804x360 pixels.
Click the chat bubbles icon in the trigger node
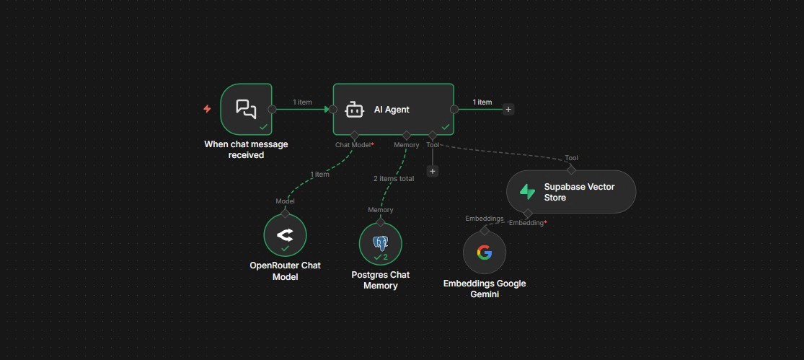246,109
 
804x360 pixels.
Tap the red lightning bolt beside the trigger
207,109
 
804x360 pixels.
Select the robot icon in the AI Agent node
353,110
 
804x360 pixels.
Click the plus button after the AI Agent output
508,110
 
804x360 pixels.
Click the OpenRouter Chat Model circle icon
285,235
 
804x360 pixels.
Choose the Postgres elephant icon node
380,243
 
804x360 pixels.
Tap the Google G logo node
485,253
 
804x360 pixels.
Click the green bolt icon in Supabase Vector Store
528,191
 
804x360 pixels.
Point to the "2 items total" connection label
394,178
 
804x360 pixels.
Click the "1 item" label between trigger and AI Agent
303,102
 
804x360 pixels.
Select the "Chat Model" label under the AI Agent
353,145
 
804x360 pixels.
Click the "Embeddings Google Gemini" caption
485,289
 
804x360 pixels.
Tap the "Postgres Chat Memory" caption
380,280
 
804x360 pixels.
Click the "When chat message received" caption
246,149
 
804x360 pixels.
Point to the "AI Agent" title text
392,110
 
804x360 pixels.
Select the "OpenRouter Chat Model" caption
285,271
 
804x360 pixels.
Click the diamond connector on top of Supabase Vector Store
571,170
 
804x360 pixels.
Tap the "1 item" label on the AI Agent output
482,102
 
